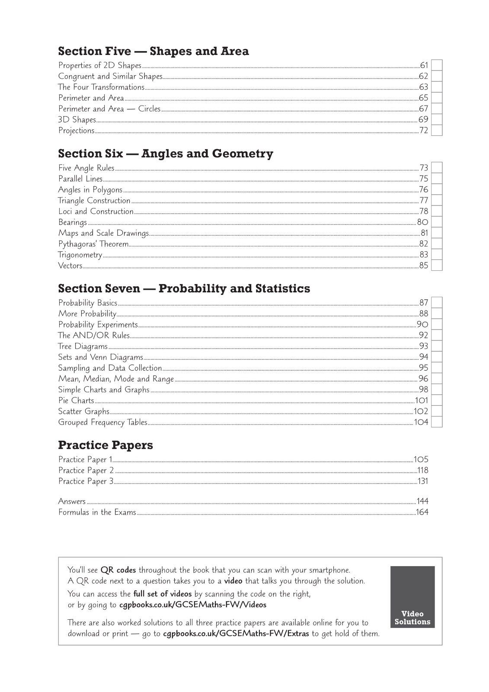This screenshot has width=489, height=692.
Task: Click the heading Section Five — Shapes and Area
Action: (x=153, y=51)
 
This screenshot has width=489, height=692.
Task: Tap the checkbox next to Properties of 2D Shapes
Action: (x=437, y=66)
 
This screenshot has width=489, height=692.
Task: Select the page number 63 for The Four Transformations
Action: (x=424, y=87)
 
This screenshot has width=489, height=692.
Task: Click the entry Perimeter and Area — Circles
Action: (x=109, y=109)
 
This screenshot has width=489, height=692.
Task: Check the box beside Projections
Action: (x=437, y=131)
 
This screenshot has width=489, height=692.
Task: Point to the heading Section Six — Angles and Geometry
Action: (x=166, y=154)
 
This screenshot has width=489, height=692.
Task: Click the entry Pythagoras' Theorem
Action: (x=93, y=244)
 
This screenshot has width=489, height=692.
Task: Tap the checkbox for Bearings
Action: (x=437, y=222)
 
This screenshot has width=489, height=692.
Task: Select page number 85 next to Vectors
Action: (x=424, y=266)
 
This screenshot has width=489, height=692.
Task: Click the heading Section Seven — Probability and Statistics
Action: (x=184, y=288)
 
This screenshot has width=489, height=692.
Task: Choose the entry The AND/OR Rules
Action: (x=94, y=336)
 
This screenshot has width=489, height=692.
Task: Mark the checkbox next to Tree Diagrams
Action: (x=437, y=346)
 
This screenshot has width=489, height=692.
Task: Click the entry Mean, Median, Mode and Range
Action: (x=116, y=379)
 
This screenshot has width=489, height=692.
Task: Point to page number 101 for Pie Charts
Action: (x=422, y=400)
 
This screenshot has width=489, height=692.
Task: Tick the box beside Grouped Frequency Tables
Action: (x=437, y=422)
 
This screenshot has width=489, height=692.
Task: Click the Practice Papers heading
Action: (x=105, y=445)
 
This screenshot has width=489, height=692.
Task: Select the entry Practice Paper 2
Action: (x=86, y=471)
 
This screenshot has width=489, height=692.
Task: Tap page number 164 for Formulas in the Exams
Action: (x=422, y=513)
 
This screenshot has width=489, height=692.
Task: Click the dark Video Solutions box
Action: (x=412, y=597)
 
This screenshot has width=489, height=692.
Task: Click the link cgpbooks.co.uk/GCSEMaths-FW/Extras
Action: (x=236, y=634)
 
